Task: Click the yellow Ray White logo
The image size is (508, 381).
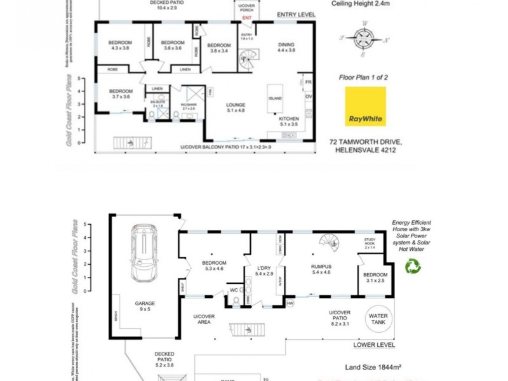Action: pos(365,107)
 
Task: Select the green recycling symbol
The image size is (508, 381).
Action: pos(413,267)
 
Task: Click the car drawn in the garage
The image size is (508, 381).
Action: pos(144,253)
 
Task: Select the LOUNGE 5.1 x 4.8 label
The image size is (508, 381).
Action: pos(236,108)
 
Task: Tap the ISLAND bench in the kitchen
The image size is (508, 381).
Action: pos(276,98)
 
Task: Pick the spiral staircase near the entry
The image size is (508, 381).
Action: pos(246,61)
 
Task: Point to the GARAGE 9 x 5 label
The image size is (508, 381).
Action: pos(145,306)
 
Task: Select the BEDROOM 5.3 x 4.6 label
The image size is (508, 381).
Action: pos(214,266)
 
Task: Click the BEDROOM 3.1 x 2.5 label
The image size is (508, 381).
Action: pos(371,277)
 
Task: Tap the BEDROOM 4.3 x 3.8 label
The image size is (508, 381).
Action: pos(120,46)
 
